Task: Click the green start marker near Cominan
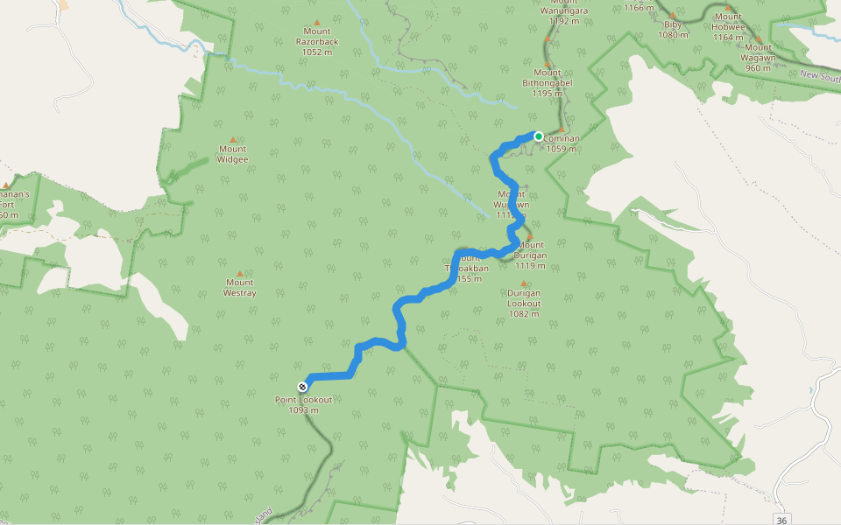(x=539, y=136)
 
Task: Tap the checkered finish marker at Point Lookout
(x=302, y=386)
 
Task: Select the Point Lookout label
(x=304, y=399)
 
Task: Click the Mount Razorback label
(x=317, y=41)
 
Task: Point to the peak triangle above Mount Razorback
(x=317, y=23)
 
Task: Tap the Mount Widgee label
(x=233, y=154)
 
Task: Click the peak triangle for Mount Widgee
(x=233, y=139)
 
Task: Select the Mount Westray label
(x=240, y=288)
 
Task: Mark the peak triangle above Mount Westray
(x=240, y=273)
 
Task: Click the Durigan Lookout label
(x=524, y=298)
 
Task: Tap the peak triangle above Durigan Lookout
(x=524, y=283)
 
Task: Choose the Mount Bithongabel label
(x=548, y=83)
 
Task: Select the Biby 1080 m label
(x=673, y=30)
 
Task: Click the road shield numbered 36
(x=782, y=519)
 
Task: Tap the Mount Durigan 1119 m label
(x=531, y=255)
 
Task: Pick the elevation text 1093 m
(x=304, y=409)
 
